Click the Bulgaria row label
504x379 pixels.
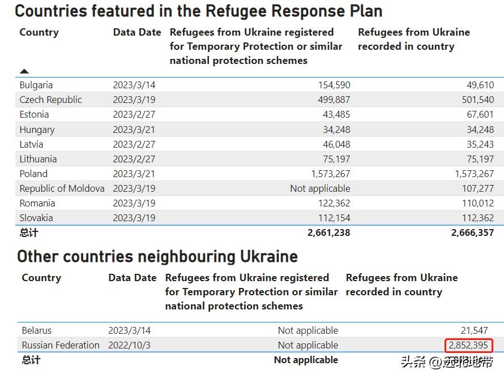36,85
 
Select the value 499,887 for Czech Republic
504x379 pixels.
332,100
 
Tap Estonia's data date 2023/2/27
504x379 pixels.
134,115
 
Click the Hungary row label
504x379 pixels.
37,130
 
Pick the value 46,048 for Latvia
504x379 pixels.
336,144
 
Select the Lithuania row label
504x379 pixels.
38,159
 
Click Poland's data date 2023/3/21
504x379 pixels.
134,174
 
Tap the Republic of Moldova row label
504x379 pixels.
62,188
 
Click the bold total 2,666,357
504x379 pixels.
472,232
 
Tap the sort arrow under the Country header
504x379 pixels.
24,71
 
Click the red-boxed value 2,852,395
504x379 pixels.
468,345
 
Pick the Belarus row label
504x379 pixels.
37,330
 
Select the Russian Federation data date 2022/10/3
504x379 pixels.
130,345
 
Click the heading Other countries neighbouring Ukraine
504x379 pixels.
157,257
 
